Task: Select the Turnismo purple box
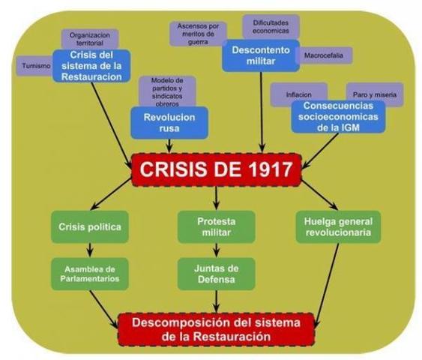pos(33,66)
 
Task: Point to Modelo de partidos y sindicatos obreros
pos(168,91)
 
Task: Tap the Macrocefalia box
pos(323,55)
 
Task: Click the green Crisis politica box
pos(89,226)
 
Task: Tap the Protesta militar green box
pos(216,226)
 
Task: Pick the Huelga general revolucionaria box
pos(338,226)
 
